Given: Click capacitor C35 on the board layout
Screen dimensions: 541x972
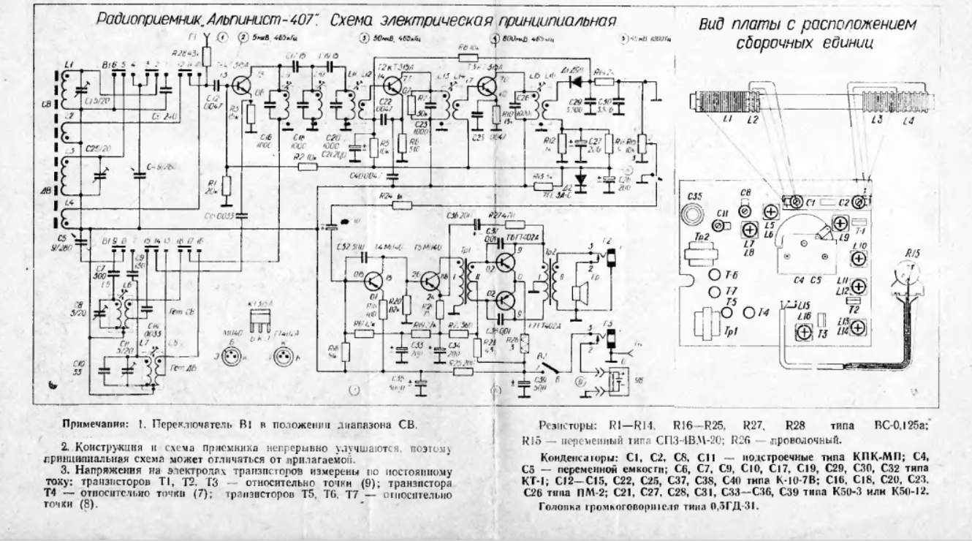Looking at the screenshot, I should [x=691, y=214].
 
